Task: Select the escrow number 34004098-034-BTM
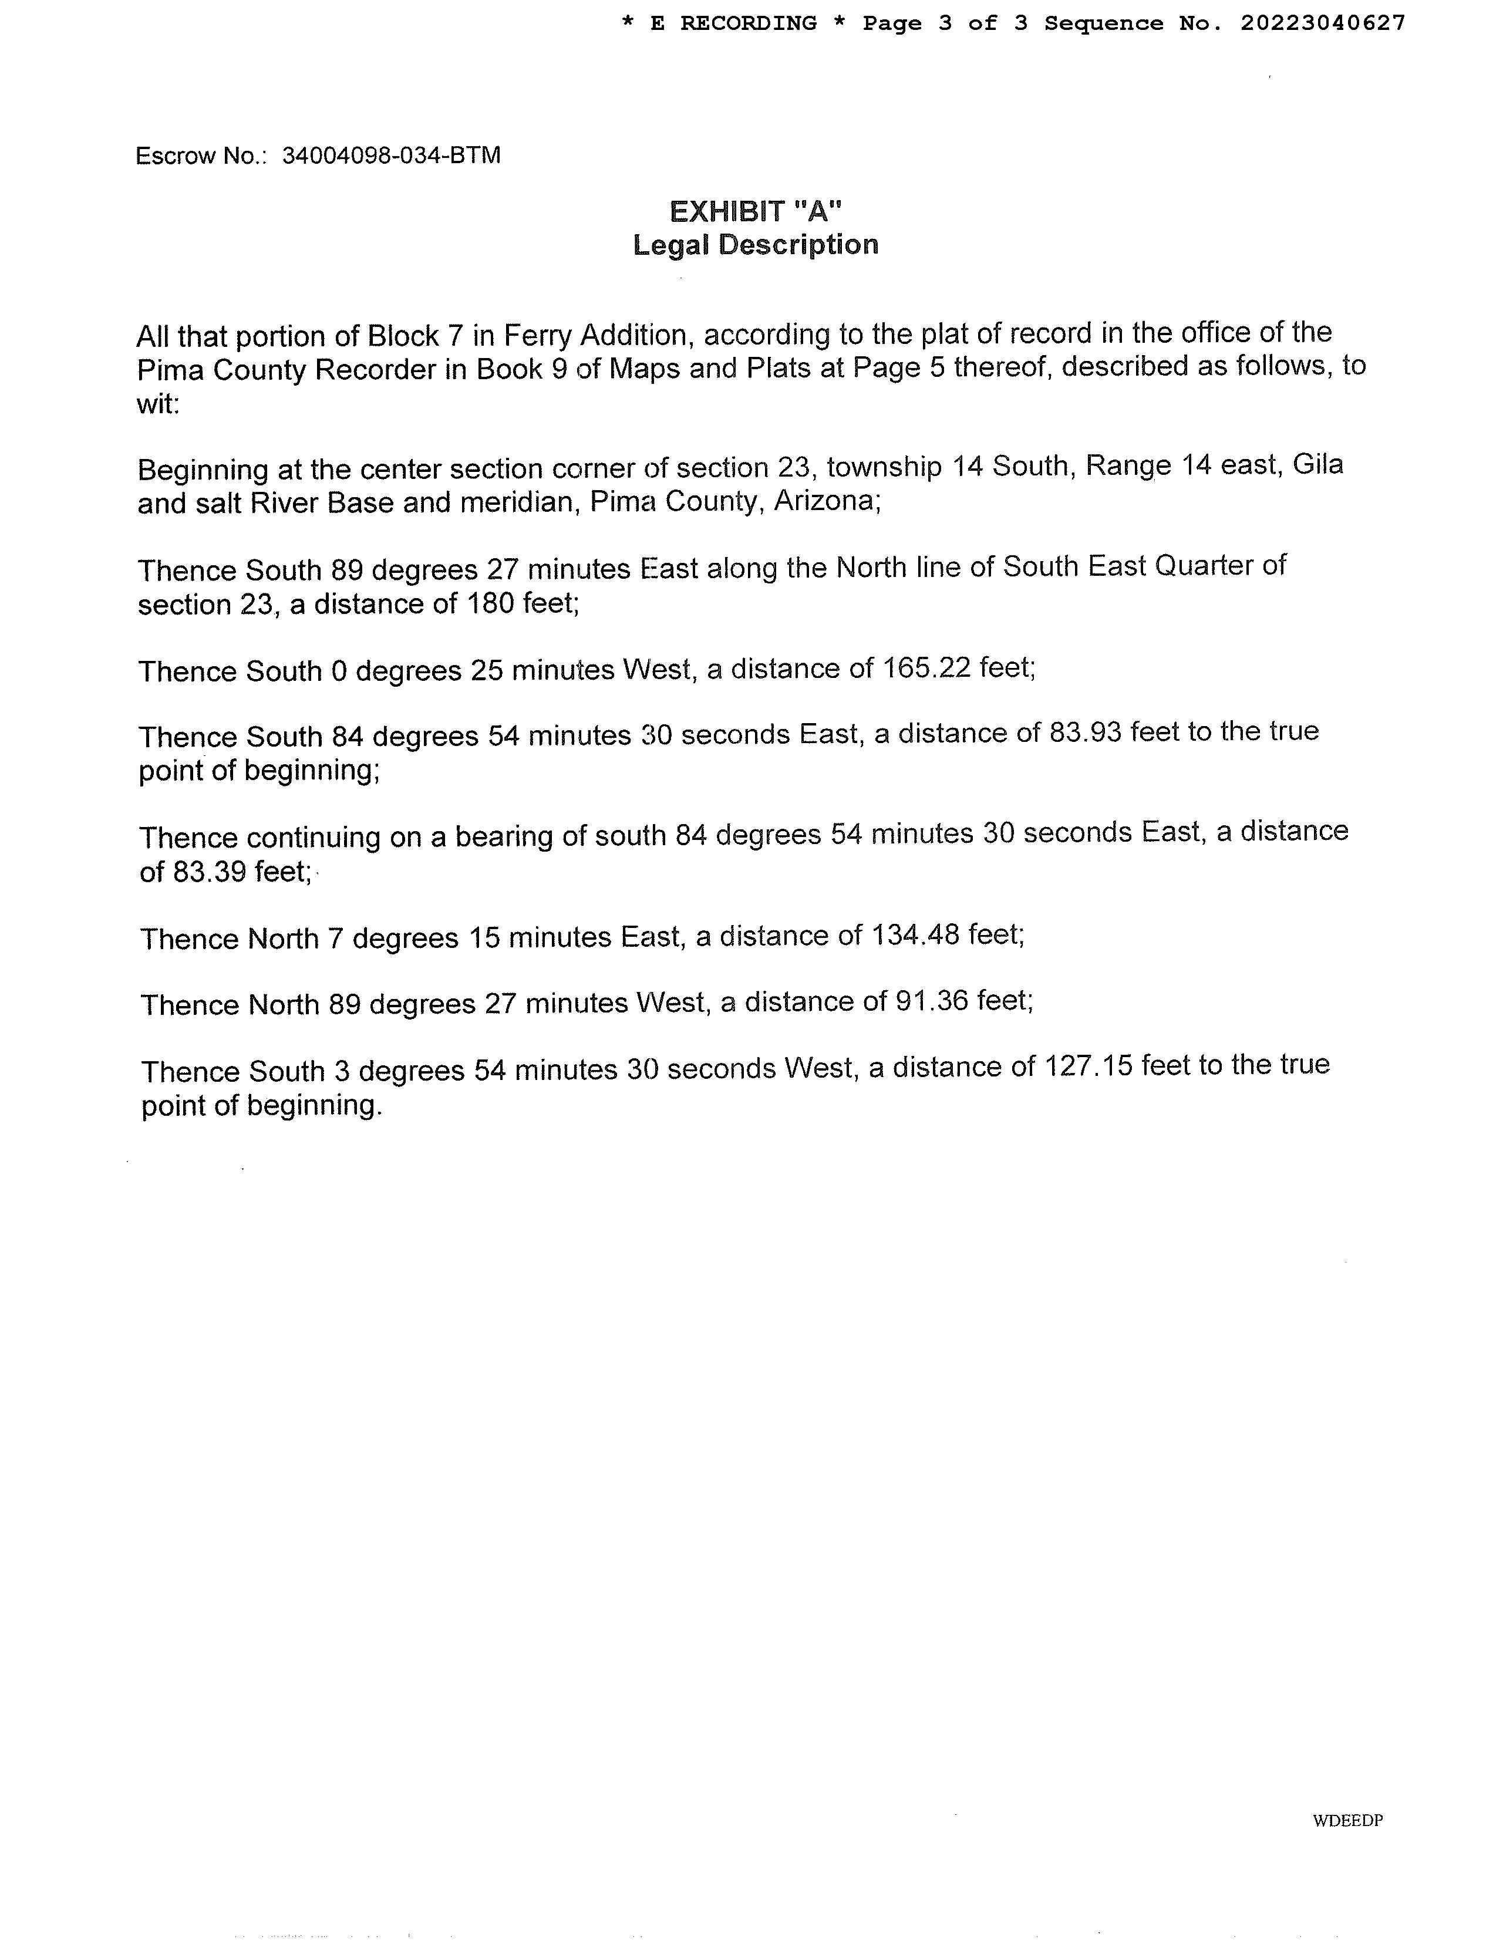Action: click(x=391, y=156)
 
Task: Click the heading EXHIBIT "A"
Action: click(x=755, y=212)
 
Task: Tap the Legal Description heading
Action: click(x=755, y=245)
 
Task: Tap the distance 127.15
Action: click(x=1084, y=1065)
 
